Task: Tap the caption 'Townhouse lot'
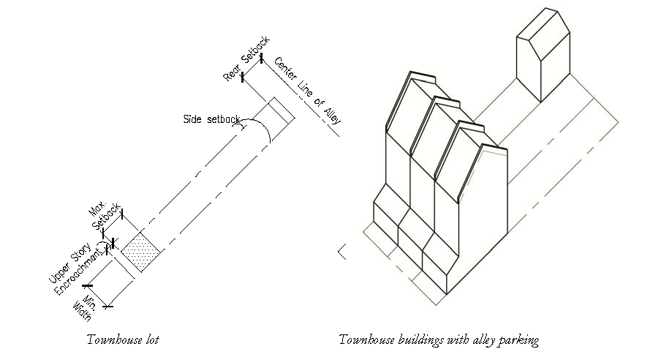pyautogui.click(x=122, y=340)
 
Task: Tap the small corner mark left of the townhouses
pyautogui.click(x=341, y=252)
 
